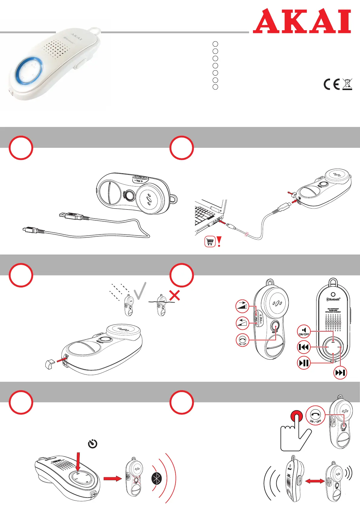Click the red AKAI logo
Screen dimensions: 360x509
coord(302,21)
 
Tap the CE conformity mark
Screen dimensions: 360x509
coord(332,84)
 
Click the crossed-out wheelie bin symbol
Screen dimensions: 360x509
coord(348,84)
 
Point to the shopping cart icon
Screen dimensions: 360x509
coord(210,242)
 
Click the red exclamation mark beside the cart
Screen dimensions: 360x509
coord(219,242)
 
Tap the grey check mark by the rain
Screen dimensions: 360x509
coord(140,291)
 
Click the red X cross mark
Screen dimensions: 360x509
coord(175,295)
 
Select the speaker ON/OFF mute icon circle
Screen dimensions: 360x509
coord(304,331)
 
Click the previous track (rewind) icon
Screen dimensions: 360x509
coord(304,347)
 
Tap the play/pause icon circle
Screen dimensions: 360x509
coord(304,363)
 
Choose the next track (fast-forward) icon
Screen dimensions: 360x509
coord(340,373)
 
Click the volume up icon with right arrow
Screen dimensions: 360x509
coord(242,307)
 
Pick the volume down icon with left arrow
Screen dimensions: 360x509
coord(242,323)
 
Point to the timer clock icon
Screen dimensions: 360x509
coord(92,444)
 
